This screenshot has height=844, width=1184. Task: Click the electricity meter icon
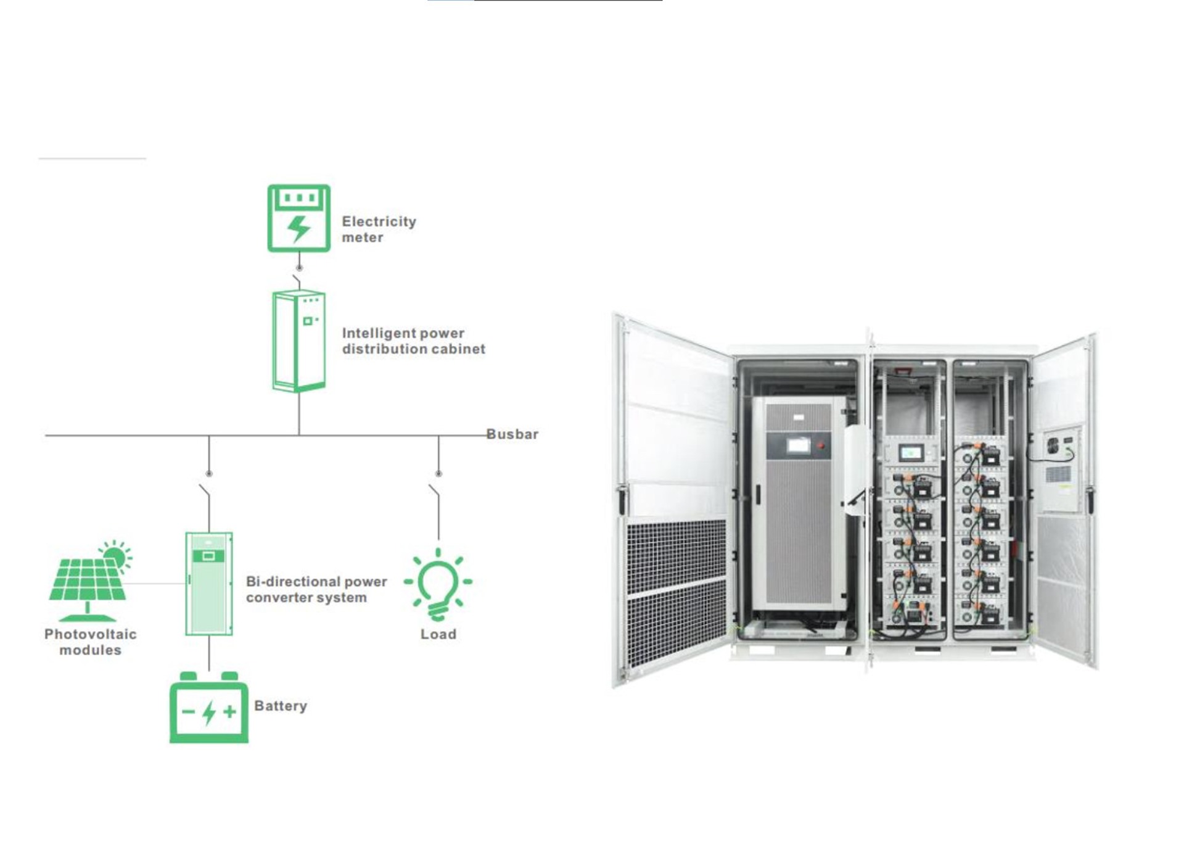click(298, 218)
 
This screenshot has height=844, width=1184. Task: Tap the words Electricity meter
click(379, 230)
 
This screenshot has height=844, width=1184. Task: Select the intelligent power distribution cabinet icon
click(299, 341)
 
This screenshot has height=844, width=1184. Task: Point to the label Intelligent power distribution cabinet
click(413, 341)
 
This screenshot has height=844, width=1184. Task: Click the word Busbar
click(512, 434)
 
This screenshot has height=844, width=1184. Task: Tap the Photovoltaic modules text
click(90, 642)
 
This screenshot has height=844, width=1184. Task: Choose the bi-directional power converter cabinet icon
click(209, 584)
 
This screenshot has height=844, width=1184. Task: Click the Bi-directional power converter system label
click(316, 589)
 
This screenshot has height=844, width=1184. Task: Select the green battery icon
click(209, 710)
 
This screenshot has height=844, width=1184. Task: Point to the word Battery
click(281, 706)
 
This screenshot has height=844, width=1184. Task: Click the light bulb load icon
click(438, 584)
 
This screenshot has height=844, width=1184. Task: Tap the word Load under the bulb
click(438, 634)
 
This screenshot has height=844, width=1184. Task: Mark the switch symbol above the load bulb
click(435, 492)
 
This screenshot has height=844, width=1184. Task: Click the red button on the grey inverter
click(821, 445)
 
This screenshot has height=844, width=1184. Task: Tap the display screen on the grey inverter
click(799, 445)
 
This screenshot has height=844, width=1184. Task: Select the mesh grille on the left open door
click(676, 592)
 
